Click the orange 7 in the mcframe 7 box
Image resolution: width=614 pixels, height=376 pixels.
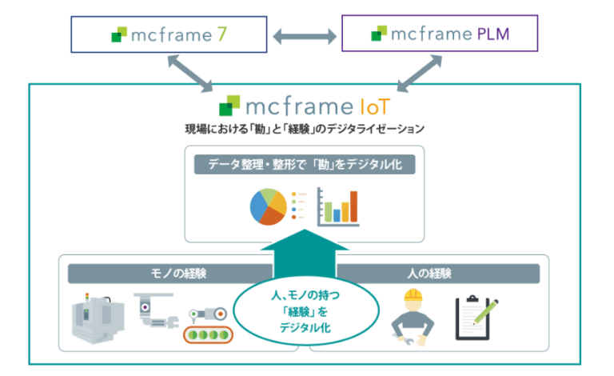click(222, 34)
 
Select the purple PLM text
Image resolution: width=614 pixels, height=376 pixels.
click(493, 34)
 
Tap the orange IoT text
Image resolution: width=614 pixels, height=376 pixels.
click(375, 106)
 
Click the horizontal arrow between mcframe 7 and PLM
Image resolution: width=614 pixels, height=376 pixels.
click(305, 37)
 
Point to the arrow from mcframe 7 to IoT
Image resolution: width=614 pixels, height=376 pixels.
click(190, 74)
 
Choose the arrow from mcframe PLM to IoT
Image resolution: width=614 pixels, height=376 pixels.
click(420, 74)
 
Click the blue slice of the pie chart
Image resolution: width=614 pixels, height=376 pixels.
click(257, 206)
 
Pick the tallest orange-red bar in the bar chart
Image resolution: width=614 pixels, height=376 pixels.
click(353, 206)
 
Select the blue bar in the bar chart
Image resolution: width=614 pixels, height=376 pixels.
click(337, 215)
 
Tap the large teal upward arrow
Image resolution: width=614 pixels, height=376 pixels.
click(305, 254)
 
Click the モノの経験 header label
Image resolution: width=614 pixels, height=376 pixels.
click(178, 273)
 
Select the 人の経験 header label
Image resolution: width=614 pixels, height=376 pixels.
click(429, 273)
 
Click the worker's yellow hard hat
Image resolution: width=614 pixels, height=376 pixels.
click(413, 294)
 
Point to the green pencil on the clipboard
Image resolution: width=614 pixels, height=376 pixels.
click(486, 312)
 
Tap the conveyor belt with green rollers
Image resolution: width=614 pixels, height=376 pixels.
click(209, 335)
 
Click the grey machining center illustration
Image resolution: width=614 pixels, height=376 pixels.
click(98, 318)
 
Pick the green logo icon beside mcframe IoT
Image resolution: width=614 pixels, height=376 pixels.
click(229, 106)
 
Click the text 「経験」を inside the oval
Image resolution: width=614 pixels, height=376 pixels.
click(305, 312)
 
